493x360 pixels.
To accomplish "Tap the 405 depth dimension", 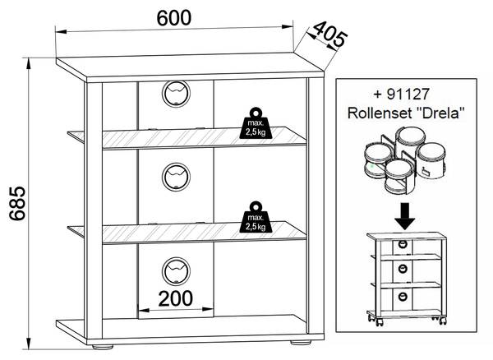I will pos(327,36).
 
